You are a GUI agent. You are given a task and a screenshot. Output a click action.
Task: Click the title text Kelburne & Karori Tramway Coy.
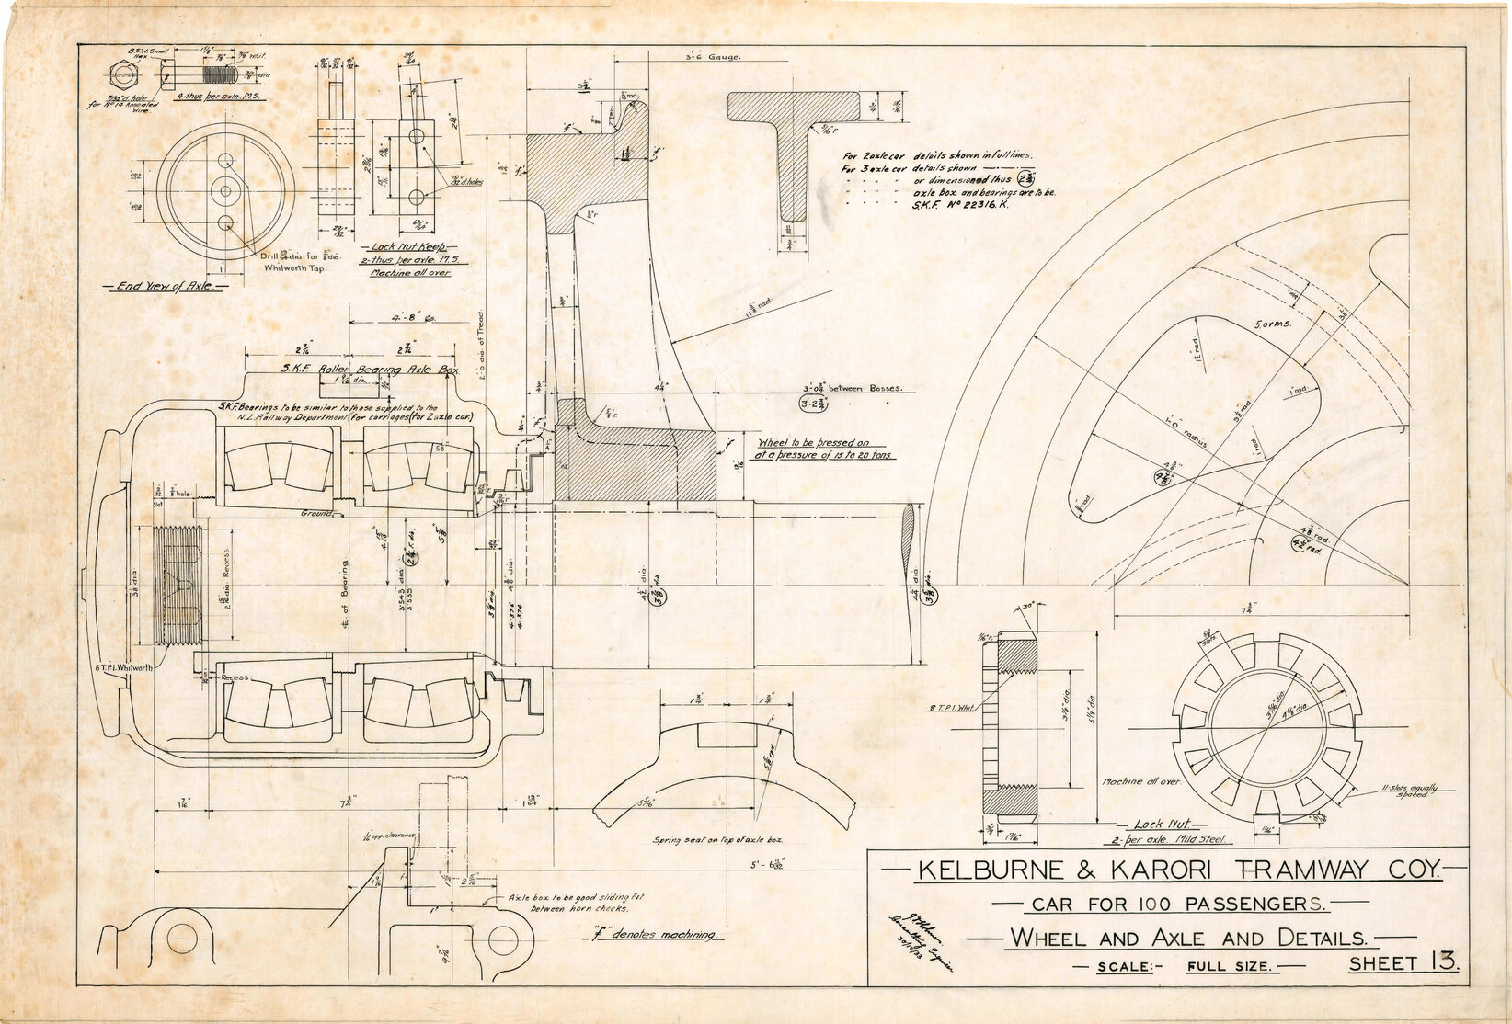coord(1165,870)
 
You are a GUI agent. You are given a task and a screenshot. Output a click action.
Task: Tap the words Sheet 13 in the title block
coord(1403,963)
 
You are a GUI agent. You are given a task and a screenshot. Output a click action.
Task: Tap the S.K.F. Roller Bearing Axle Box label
coord(357,370)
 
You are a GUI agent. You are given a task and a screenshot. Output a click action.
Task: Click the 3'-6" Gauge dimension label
coord(714,57)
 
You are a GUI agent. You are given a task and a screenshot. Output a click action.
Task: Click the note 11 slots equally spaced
coord(1408,791)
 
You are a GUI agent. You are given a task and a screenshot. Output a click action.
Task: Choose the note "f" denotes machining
coord(653,935)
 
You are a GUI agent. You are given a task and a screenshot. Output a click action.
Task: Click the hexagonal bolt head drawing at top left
coord(120,74)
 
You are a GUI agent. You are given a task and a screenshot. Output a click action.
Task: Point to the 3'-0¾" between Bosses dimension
coord(851,388)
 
